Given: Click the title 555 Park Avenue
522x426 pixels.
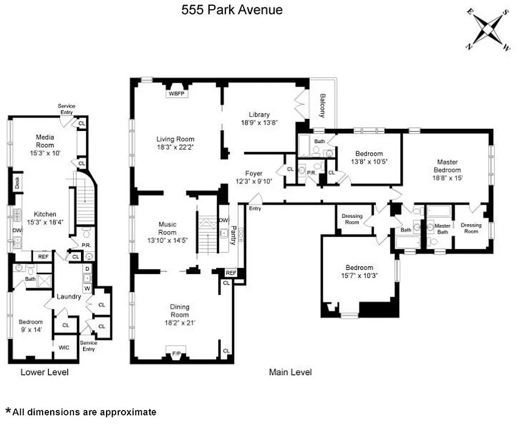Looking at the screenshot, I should coord(232,9).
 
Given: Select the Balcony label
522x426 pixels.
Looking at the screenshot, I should coord(323,106).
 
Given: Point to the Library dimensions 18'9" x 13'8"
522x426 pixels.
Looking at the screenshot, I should coord(259,122).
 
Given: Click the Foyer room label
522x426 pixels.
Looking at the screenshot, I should coord(254,173).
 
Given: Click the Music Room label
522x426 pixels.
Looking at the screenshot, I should coord(167,228).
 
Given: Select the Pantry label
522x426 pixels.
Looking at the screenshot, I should coord(233,234).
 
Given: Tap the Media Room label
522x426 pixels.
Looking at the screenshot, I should coord(45,141).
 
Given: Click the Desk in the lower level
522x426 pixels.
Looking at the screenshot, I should coord(17,183).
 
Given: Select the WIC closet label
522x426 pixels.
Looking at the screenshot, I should coord(64,347).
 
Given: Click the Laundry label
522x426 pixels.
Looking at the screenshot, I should coord(69,297).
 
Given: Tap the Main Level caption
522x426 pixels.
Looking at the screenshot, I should coord(290,372).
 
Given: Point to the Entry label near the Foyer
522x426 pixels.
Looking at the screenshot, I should coord(255,208).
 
